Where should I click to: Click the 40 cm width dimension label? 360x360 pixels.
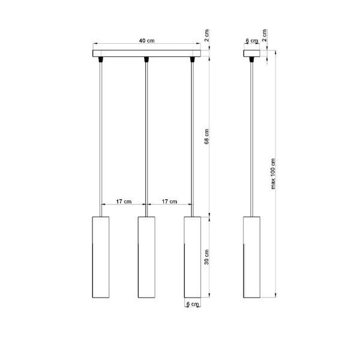tap(145, 41)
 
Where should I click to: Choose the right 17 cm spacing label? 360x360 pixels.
tap(169, 202)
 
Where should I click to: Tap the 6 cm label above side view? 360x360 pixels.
tap(253, 41)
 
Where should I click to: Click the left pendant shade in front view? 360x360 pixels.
tap(100, 256)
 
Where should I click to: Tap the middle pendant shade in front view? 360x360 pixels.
tap(146, 256)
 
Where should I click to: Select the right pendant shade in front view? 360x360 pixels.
tap(191, 256)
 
